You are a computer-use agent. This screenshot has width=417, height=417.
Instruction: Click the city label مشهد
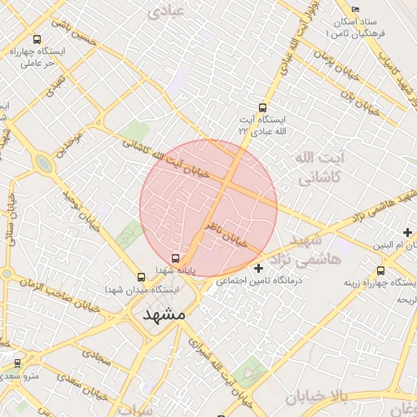coord(165,314)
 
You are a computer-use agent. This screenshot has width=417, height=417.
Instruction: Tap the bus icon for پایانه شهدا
coord(165,260)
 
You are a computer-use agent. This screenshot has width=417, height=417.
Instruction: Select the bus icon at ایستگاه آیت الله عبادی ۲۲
coord(262,108)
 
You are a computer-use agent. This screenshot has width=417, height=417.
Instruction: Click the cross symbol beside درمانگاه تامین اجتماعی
coord(259,268)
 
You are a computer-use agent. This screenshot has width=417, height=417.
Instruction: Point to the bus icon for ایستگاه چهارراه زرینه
coord(380,271)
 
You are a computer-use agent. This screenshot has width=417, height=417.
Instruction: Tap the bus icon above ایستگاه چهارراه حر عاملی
coord(37,39)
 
